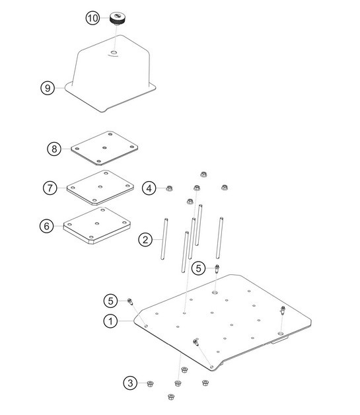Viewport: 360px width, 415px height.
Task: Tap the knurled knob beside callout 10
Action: (x=118, y=19)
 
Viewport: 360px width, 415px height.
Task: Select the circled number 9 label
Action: (x=46, y=88)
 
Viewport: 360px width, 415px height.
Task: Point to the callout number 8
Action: (x=54, y=149)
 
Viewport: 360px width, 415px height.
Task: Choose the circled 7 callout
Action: (x=50, y=188)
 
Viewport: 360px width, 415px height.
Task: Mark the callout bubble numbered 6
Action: (x=46, y=226)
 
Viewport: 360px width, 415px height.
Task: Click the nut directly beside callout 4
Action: (x=169, y=188)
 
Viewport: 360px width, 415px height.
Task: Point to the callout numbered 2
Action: (x=146, y=239)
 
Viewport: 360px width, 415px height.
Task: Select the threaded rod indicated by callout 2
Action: (x=161, y=239)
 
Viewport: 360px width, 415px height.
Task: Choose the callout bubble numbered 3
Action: (x=131, y=383)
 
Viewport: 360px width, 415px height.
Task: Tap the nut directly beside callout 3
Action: (x=151, y=383)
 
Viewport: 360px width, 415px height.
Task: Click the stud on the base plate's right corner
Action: (x=283, y=310)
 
